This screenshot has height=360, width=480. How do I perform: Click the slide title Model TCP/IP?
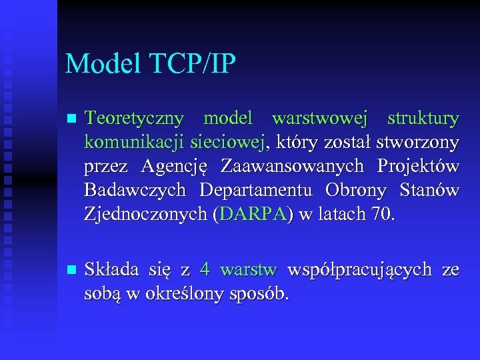[151, 64]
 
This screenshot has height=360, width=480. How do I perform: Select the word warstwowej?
[319, 119]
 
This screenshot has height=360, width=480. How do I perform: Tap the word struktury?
[423, 119]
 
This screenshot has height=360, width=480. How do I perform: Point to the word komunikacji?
[135, 143]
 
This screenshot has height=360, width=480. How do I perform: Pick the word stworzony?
[417, 143]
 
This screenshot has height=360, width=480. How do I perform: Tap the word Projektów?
[418, 166]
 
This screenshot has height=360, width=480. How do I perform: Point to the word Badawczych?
[135, 190]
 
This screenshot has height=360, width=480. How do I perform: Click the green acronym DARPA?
[255, 214]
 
